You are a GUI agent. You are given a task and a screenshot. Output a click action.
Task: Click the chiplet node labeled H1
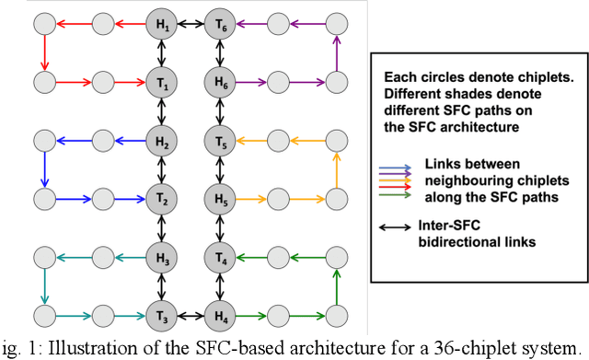(162, 26)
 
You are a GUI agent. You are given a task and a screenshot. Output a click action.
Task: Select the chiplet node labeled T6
(219, 26)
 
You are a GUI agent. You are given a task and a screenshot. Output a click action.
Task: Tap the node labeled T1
(162, 83)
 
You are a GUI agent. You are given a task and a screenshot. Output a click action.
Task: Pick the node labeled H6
(219, 83)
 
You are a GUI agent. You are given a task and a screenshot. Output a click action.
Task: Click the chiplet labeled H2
(162, 141)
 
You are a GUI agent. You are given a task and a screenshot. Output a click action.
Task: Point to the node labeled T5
(219, 141)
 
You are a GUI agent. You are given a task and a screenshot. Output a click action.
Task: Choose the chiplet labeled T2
(162, 199)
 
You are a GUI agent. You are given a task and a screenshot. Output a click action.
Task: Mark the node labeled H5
(219, 199)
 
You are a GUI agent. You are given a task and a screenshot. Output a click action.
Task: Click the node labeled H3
(162, 256)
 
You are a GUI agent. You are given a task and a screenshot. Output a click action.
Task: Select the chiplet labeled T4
(219, 256)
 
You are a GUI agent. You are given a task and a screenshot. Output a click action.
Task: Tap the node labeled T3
(162, 314)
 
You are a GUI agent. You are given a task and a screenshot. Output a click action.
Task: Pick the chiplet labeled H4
(219, 314)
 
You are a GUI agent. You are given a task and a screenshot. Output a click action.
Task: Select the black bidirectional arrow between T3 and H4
(191, 314)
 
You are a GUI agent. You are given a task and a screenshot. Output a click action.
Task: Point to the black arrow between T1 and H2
(162, 112)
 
